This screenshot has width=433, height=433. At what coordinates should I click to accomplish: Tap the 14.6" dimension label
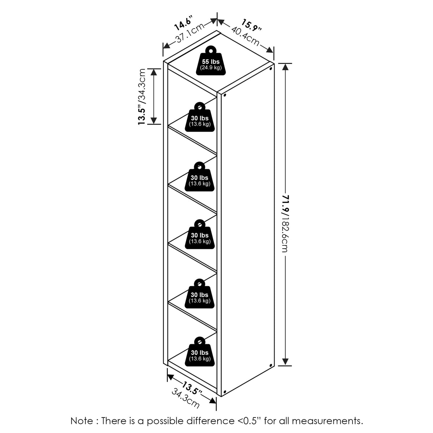[184, 23]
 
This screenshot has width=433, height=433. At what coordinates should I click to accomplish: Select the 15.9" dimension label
[251, 25]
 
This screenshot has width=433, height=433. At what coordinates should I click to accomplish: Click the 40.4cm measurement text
[245, 36]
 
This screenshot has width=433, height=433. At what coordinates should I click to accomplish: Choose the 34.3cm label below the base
[185, 398]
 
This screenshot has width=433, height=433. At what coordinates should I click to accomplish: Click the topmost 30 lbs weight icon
[200, 118]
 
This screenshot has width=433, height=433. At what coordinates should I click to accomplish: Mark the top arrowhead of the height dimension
[285, 67]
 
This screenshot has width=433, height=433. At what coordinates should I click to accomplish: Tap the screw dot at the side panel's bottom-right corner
[271, 366]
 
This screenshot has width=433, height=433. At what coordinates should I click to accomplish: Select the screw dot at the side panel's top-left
[225, 95]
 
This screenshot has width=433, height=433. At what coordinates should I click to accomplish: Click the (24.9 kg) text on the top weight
[211, 67]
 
